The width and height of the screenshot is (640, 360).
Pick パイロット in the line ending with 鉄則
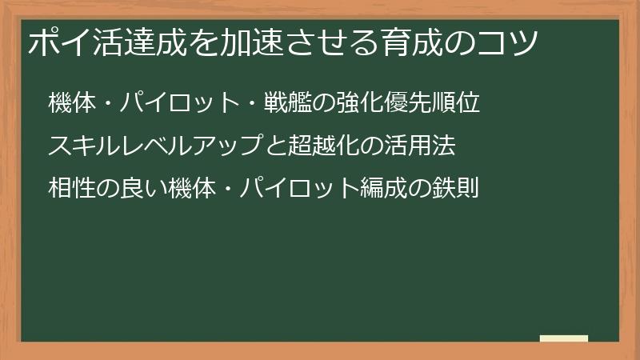point(291,189)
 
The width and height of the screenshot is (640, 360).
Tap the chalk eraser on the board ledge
point(563,338)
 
